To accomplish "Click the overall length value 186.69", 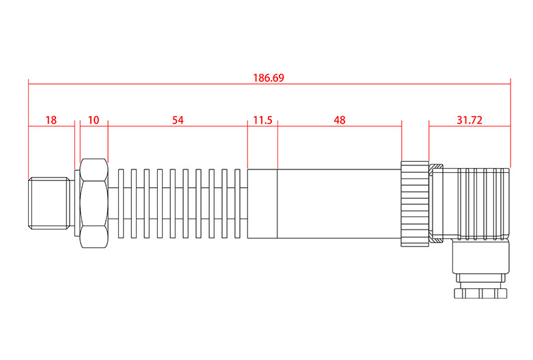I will coord(269,78).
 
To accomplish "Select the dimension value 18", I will coord(51,120).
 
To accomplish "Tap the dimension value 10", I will coord(94,120).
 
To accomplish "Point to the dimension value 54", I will coord(178,120).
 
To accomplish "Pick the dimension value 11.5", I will coord(262,120).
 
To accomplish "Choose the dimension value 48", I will coord(340,120).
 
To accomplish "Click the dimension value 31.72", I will coord(469,120).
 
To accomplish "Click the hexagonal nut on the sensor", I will coord(94,203).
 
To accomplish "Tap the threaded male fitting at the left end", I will coord(51,203).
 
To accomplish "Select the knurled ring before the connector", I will coord(414,204).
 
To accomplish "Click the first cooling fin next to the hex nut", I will coord(122,203).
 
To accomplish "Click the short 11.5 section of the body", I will coord(262,203).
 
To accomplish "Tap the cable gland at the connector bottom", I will coord(482,292).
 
